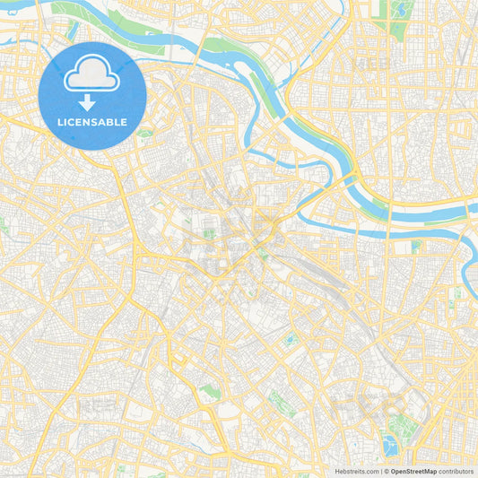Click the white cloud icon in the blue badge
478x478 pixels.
coord(92,75)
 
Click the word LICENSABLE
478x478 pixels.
coord(92,122)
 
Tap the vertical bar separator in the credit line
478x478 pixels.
coord(381,471)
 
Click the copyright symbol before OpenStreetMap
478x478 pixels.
coord(387,471)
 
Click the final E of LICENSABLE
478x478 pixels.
coord(124,122)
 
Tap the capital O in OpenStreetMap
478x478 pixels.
coord(393,471)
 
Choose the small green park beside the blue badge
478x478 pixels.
coord(143,133)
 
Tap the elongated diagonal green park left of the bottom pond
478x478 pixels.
coord(281,405)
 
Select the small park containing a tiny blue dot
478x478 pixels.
coord(289,340)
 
